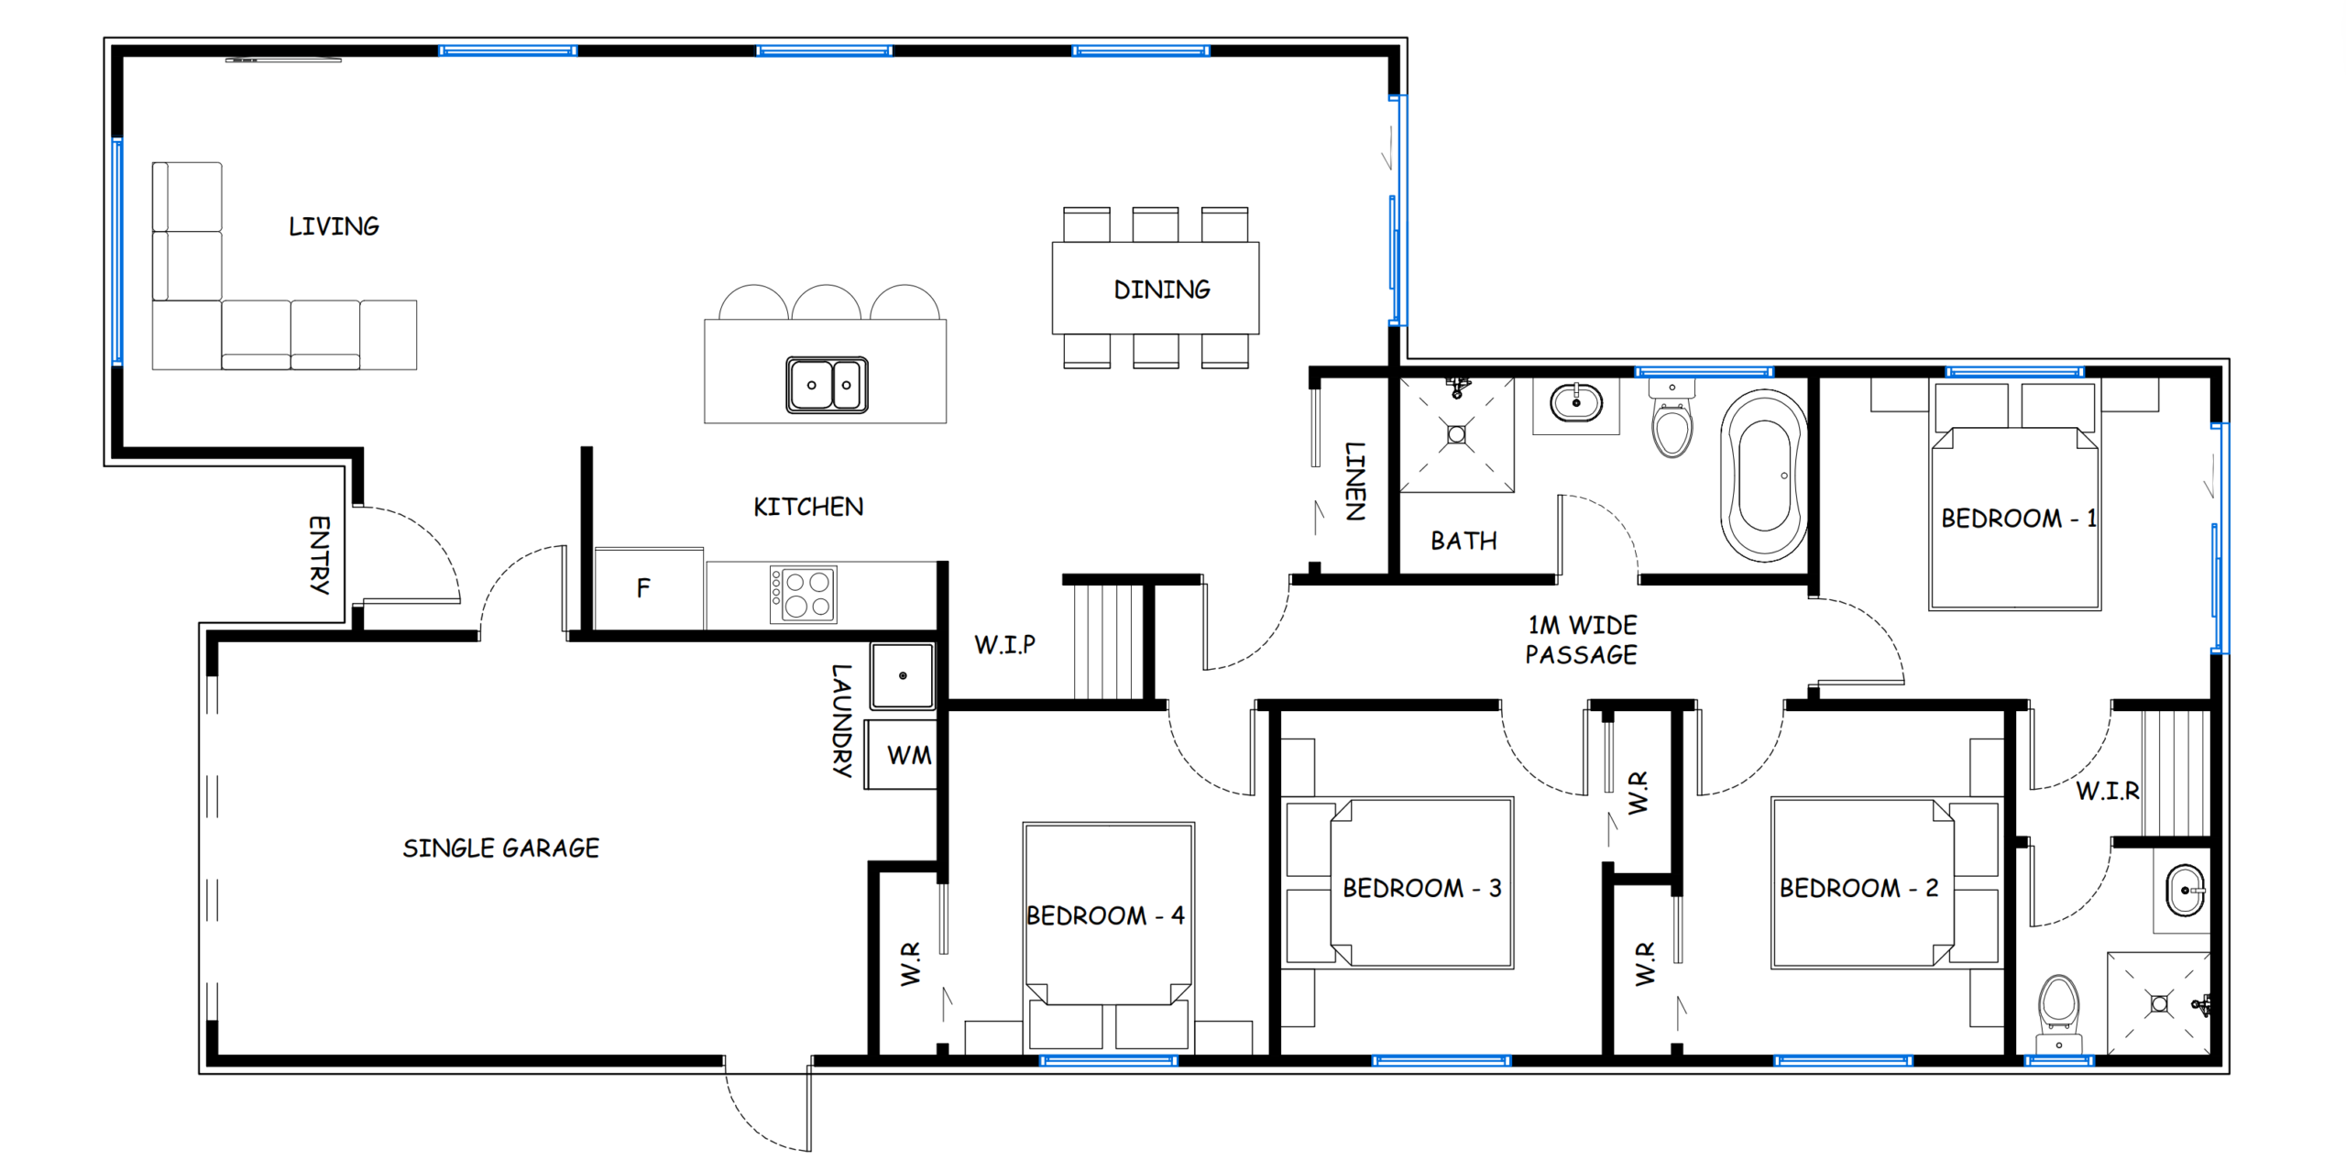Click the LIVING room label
[334, 226]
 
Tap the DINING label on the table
[1161, 290]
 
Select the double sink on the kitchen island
[827, 385]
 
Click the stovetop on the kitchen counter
[803, 595]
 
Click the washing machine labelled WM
[901, 755]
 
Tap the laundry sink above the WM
[903, 676]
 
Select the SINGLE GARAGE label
[500, 848]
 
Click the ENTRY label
[319, 554]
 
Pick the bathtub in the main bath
[1764, 476]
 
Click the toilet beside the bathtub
[1672, 420]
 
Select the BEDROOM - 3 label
[1421, 888]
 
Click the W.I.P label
[1004, 644]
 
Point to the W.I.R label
[2108, 791]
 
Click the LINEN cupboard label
[1355, 481]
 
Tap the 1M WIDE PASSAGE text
[1581, 640]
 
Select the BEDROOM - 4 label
[1105, 915]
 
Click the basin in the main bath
[1576, 403]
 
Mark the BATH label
[1464, 541]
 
